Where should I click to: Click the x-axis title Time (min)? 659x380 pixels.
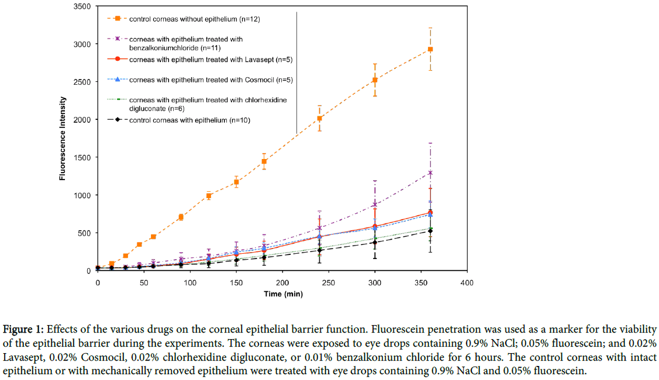282,294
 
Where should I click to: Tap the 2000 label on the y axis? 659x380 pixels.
82,120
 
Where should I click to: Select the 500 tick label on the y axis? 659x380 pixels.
84,233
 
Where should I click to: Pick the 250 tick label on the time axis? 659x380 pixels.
328,282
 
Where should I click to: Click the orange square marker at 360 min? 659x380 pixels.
430,49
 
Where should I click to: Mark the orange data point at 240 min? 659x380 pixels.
319,118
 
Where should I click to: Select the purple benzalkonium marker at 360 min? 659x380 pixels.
430,173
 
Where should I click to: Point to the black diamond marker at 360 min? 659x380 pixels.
430,231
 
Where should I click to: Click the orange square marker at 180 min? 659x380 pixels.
264,161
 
